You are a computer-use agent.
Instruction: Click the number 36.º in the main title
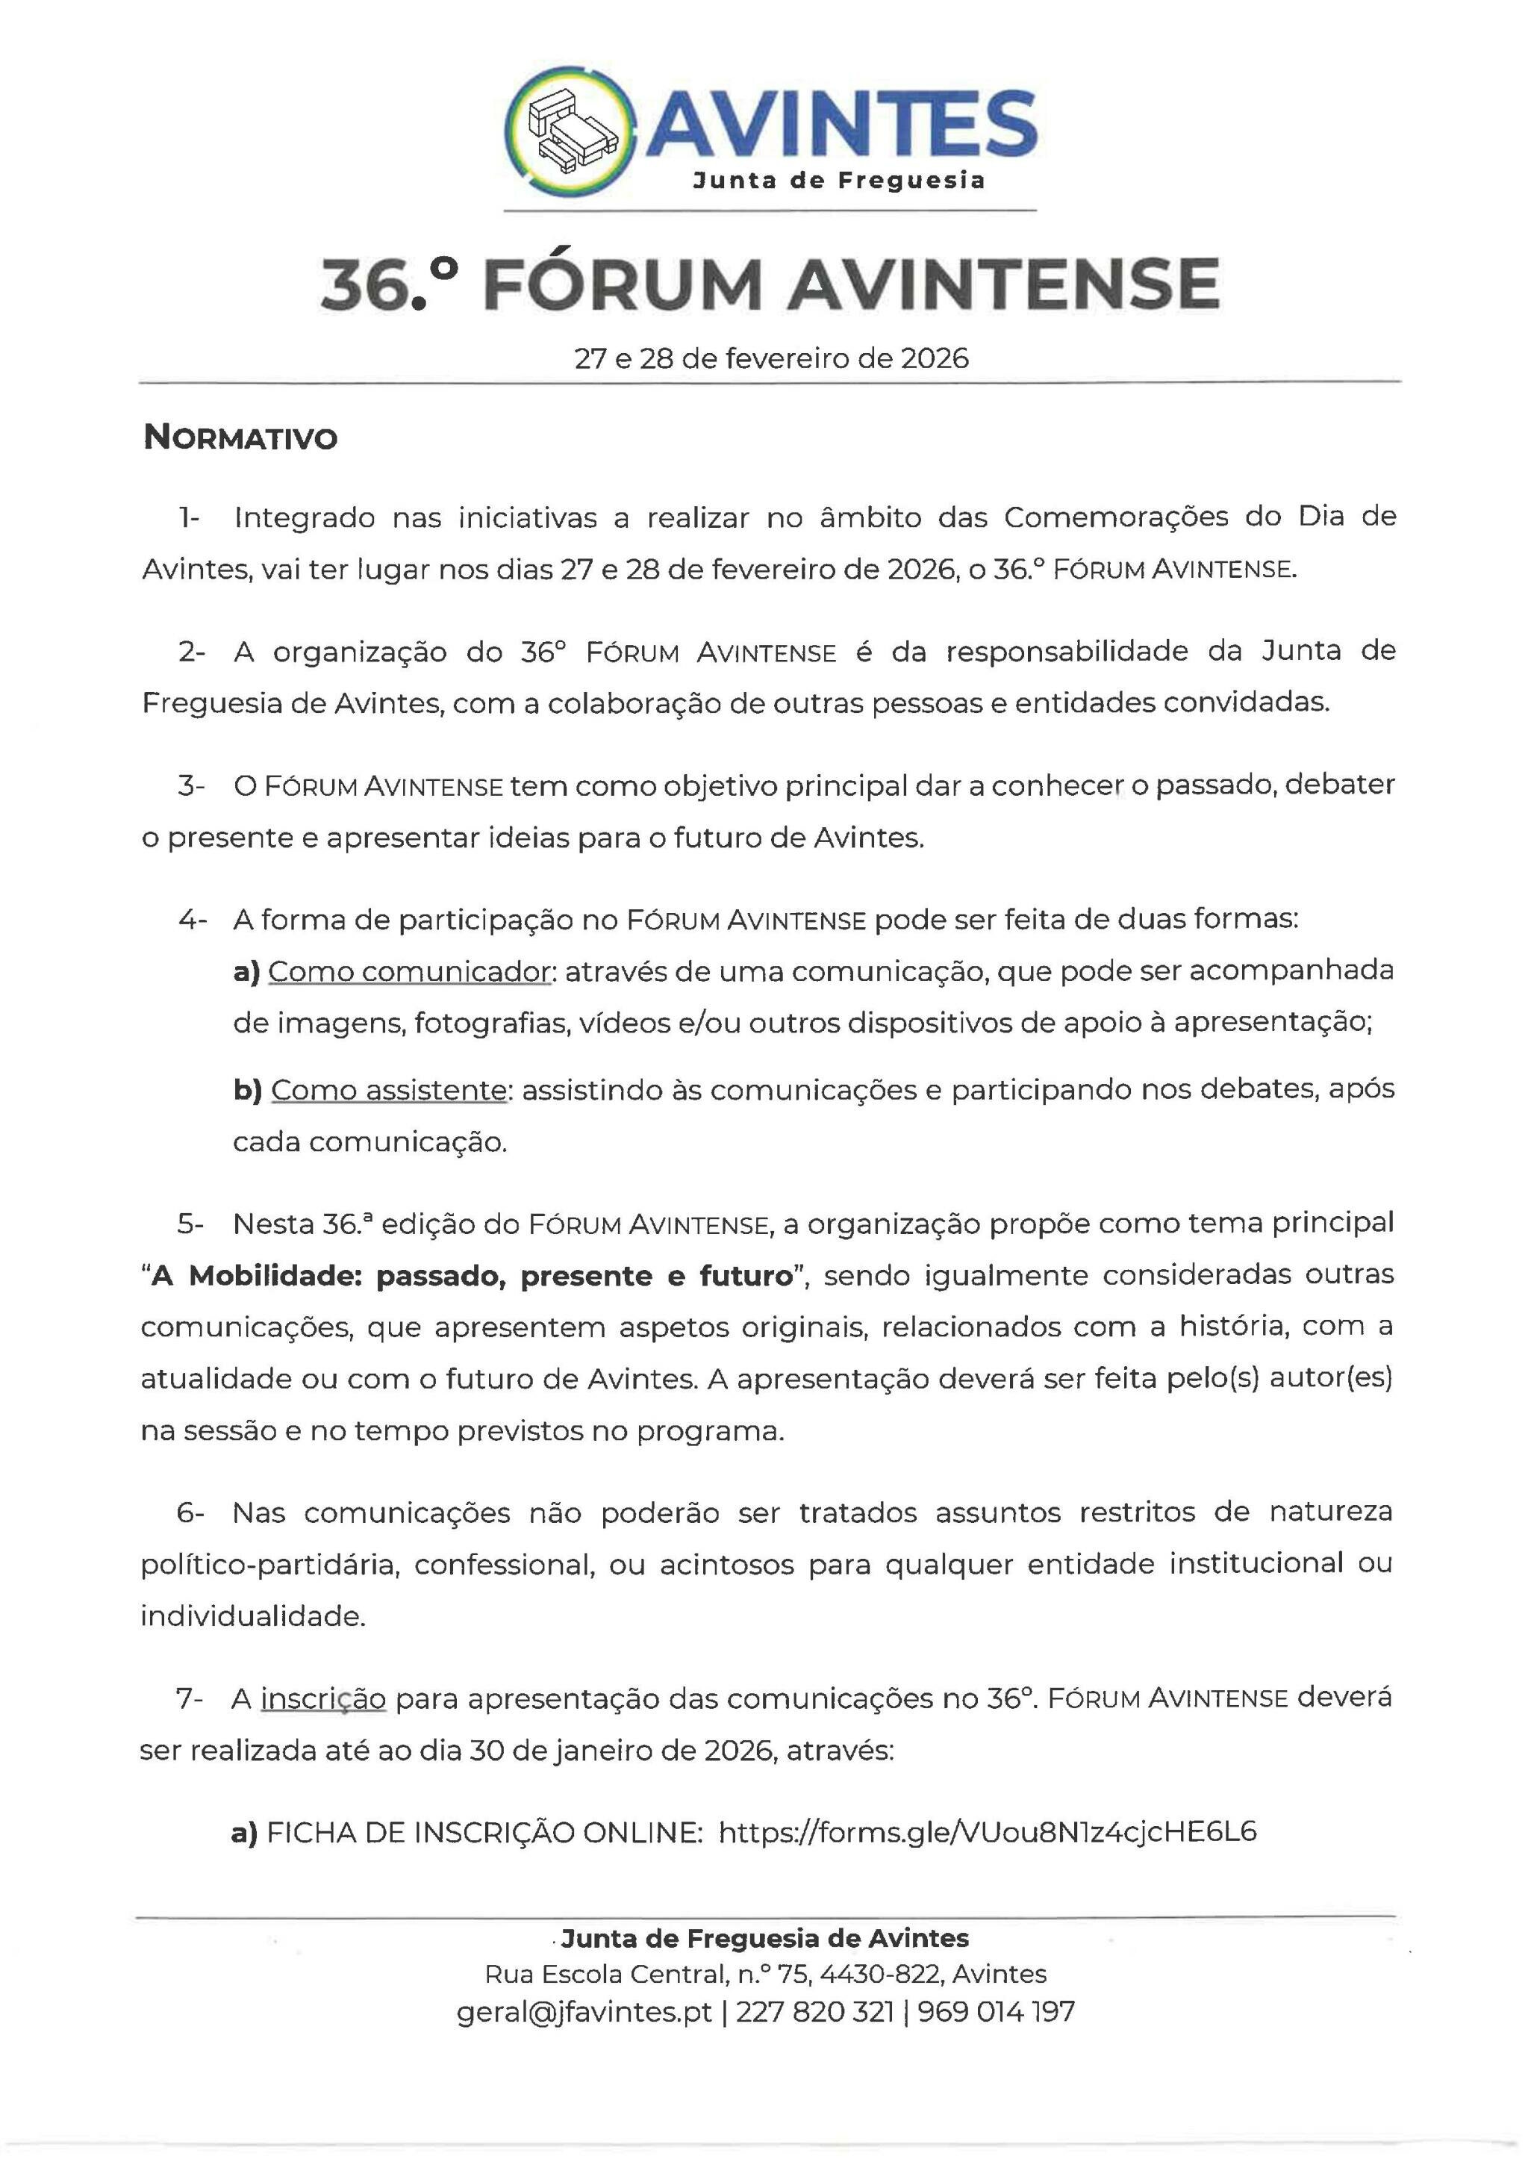click(x=390, y=284)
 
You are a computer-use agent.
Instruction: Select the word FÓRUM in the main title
click(x=623, y=284)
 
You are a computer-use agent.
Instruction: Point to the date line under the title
click(x=771, y=358)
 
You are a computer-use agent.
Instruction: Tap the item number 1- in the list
click(x=190, y=517)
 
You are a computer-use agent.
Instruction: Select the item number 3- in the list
click(x=190, y=785)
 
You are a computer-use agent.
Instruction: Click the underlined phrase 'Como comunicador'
click(x=409, y=971)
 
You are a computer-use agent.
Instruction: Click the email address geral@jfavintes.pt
click(x=584, y=2011)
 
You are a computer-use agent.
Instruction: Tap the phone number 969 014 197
click(x=996, y=2011)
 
